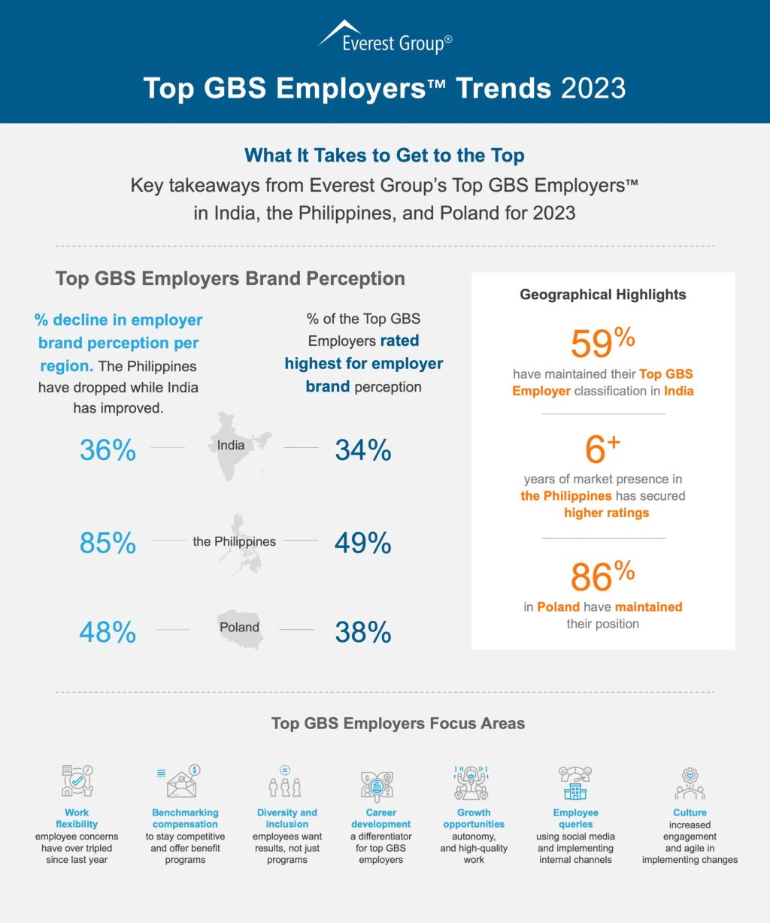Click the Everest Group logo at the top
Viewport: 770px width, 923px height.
[385, 38]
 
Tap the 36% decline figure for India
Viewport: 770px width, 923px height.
[108, 450]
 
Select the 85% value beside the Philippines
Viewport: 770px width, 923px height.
[108, 543]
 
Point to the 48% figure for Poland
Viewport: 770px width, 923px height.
[108, 632]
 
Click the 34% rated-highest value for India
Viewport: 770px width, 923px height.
[363, 450]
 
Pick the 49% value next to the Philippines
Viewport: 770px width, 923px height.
[363, 543]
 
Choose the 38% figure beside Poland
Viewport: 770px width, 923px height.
[363, 632]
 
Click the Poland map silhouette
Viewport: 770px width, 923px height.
[240, 628]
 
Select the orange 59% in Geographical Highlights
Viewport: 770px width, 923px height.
[602, 343]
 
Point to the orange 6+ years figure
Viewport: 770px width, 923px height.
[602, 449]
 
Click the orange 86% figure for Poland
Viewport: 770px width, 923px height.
[602, 576]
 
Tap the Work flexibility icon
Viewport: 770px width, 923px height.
[77, 782]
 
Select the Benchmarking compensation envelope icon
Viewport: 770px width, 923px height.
[183, 782]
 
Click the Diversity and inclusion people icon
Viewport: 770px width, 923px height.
[286, 782]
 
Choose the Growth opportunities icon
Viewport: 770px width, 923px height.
[472, 782]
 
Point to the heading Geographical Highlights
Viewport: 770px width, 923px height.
[603, 295]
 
